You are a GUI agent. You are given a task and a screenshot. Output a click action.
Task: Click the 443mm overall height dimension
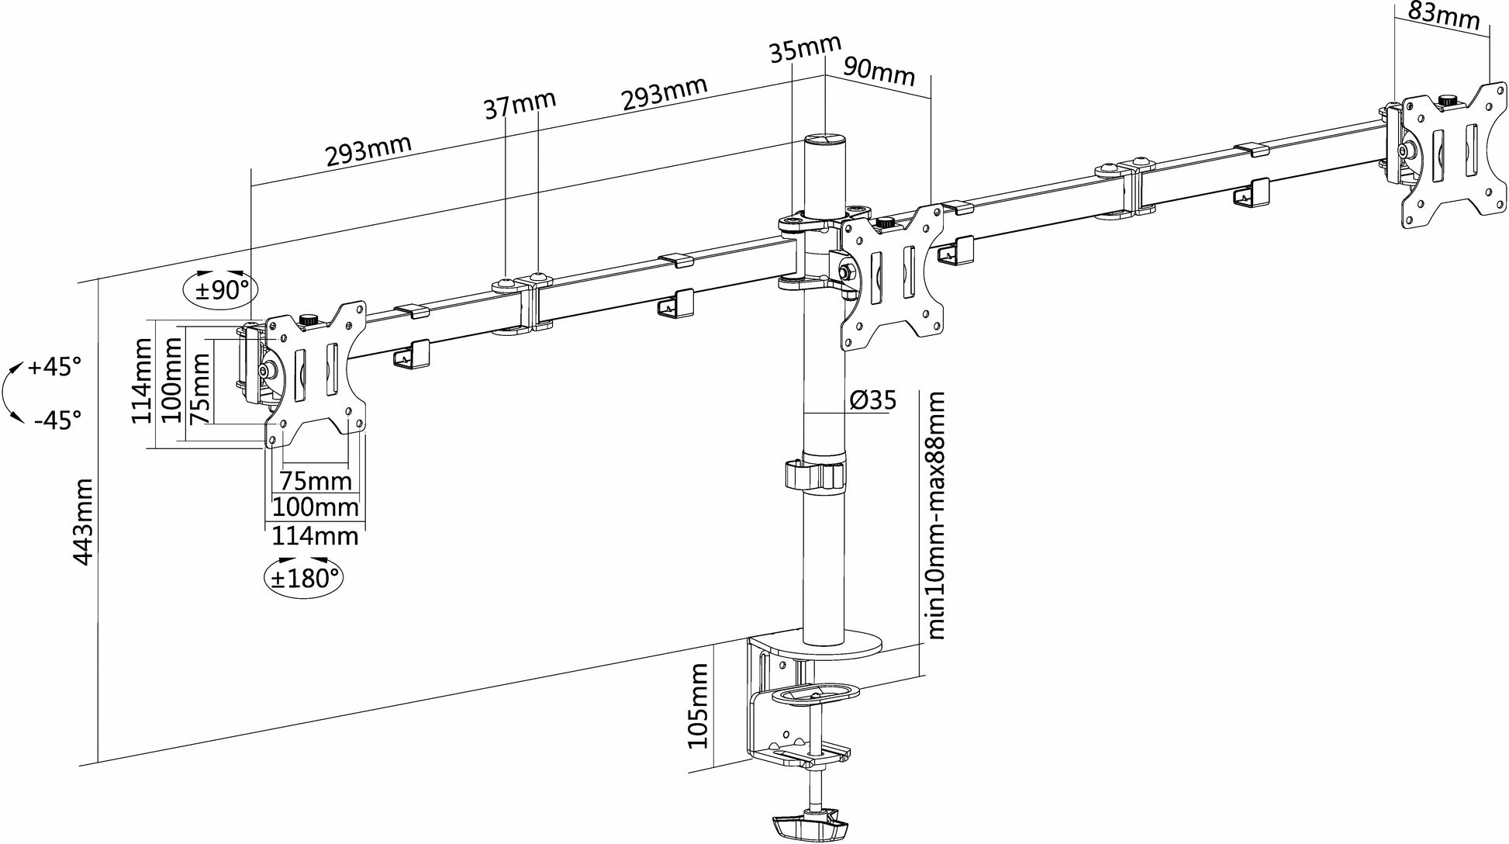[83, 521]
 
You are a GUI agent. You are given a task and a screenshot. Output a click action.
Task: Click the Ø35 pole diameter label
[872, 400]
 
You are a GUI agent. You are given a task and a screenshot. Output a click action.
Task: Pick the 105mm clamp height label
[699, 705]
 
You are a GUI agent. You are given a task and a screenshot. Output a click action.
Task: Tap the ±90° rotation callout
[220, 291]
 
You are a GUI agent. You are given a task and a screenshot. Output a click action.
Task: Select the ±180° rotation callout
[303, 578]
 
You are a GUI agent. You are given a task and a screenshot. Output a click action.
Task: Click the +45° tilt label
[54, 367]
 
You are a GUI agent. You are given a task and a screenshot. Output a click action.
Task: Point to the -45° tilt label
[57, 421]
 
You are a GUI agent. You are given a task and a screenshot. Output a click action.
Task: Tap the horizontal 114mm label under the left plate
[315, 536]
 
